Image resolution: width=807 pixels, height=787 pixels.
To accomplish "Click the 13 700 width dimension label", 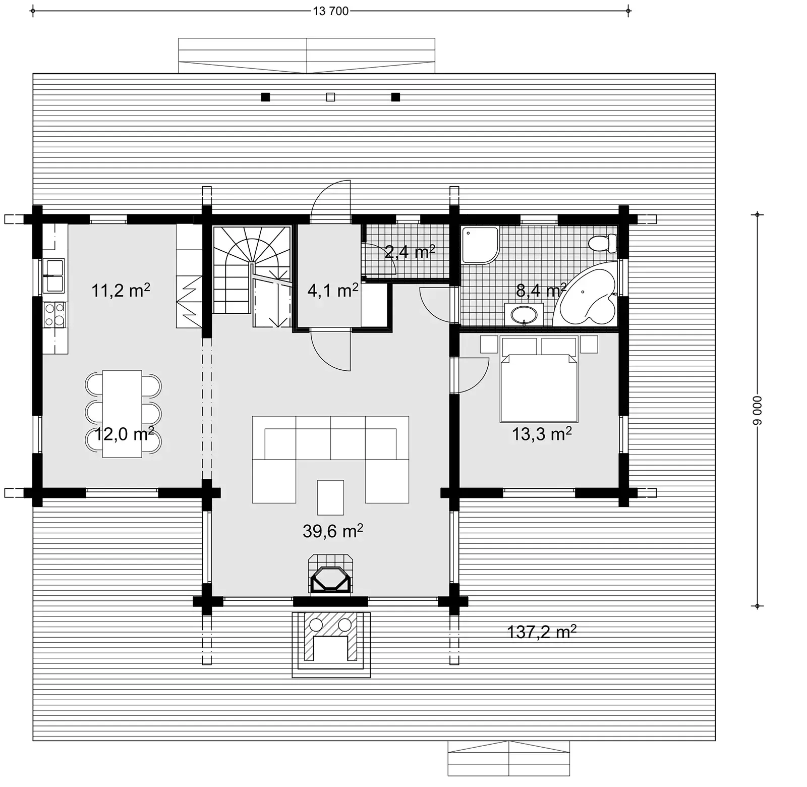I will coord(330,11).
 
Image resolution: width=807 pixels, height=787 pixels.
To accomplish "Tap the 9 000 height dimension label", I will coord(757,411).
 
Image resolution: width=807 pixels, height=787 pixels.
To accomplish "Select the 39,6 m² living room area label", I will coord(332,531).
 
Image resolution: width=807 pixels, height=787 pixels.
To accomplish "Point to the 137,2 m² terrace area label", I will coord(541,632).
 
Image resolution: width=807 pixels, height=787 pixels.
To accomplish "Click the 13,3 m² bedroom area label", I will coord(541,434).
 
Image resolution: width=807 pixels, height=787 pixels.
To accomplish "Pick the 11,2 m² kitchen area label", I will coord(121,291).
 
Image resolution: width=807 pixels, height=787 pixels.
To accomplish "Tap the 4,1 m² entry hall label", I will coord(332,291).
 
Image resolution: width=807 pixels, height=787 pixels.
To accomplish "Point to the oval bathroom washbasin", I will coord(524,315).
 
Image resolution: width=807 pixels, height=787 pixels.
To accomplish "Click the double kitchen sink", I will coord(54,275).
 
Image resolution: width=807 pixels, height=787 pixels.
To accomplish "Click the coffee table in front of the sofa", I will coord(330,497).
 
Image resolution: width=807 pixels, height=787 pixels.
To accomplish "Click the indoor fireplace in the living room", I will coord(330,575).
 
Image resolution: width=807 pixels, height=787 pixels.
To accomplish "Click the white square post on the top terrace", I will coord(330,97).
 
